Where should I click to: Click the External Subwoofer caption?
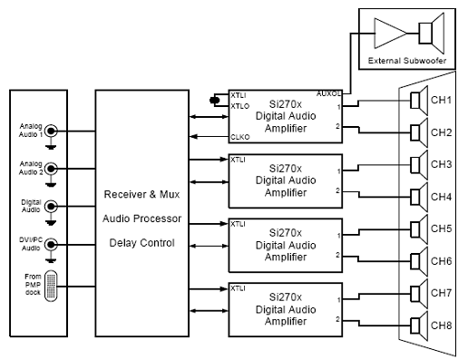click(409, 61)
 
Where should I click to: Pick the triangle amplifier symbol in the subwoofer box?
click(390, 34)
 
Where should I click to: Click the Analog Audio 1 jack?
click(52, 131)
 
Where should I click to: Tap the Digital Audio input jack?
click(52, 206)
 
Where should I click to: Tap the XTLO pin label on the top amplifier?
click(239, 105)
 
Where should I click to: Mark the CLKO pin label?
click(239, 137)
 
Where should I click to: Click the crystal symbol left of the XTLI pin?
click(214, 100)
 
